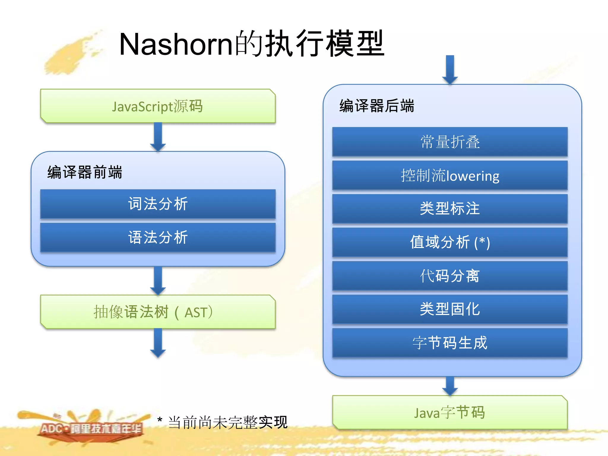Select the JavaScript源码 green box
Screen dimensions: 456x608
click(158, 106)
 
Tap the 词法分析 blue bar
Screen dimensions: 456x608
click(158, 204)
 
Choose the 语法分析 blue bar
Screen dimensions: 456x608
click(158, 237)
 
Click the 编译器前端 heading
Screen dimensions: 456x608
click(85, 172)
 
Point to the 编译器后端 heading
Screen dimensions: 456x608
click(376, 106)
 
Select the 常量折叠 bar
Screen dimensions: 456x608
click(450, 142)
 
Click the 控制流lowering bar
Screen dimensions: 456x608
click(450, 175)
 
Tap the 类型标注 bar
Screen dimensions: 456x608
click(450, 208)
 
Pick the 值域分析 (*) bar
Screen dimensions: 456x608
click(450, 242)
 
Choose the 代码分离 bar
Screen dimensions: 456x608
click(450, 275)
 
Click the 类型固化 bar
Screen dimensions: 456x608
click(450, 309)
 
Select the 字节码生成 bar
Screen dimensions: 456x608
click(450, 342)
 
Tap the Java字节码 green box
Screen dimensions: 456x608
click(450, 412)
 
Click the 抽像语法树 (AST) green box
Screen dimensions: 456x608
click(158, 312)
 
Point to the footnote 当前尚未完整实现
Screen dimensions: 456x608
click(227, 422)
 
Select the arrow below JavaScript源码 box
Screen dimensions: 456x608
click(158, 137)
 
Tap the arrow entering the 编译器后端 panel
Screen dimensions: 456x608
click(450, 70)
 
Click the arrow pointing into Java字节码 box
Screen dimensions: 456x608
click(450, 386)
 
